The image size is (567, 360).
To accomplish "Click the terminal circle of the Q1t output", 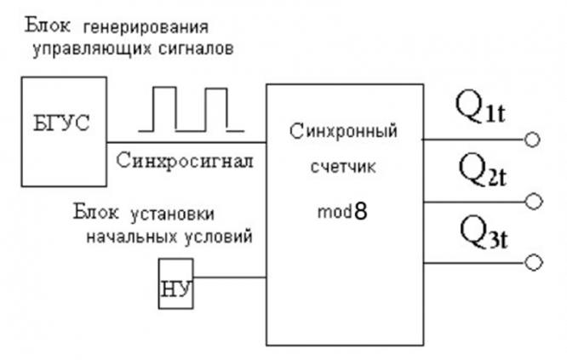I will pos(533,139).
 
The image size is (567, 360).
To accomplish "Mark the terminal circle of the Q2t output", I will pos(533,202).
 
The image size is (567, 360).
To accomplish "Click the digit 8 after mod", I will pos(360,211).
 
